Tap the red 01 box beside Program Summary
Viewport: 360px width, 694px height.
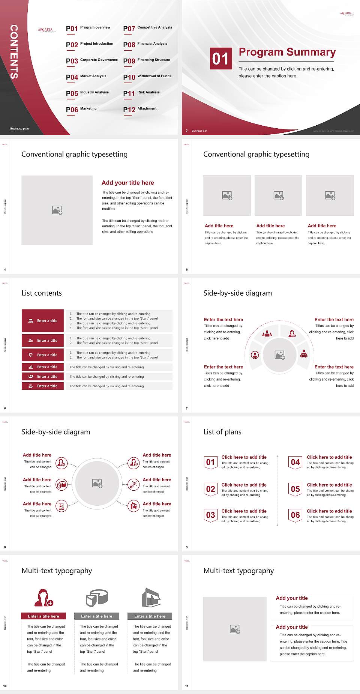pos(221,59)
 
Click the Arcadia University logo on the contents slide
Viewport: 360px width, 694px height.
pos(46,30)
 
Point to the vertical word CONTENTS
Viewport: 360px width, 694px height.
pos(14,52)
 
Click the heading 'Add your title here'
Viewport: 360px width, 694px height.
pos(127,183)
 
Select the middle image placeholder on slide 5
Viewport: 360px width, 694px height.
pos(278,195)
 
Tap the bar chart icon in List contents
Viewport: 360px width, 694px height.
pos(31,367)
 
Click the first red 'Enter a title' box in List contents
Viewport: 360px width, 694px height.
pos(43,321)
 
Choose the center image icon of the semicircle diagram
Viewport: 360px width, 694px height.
pos(280,355)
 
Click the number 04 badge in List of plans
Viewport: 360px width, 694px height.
pos(295,462)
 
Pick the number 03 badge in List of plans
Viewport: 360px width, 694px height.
pos(211,515)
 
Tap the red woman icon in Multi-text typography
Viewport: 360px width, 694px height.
pos(43,598)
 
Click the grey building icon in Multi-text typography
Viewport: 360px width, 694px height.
pos(151,598)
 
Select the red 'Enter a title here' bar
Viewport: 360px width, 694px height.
pos(43,616)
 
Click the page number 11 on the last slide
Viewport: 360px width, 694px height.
pos(187,686)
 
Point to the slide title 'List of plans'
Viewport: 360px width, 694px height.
pos(222,432)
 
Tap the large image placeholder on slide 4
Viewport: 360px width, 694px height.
pos(57,210)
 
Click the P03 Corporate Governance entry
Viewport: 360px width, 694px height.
pos(92,60)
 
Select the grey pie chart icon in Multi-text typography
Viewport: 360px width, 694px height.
pos(97,598)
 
